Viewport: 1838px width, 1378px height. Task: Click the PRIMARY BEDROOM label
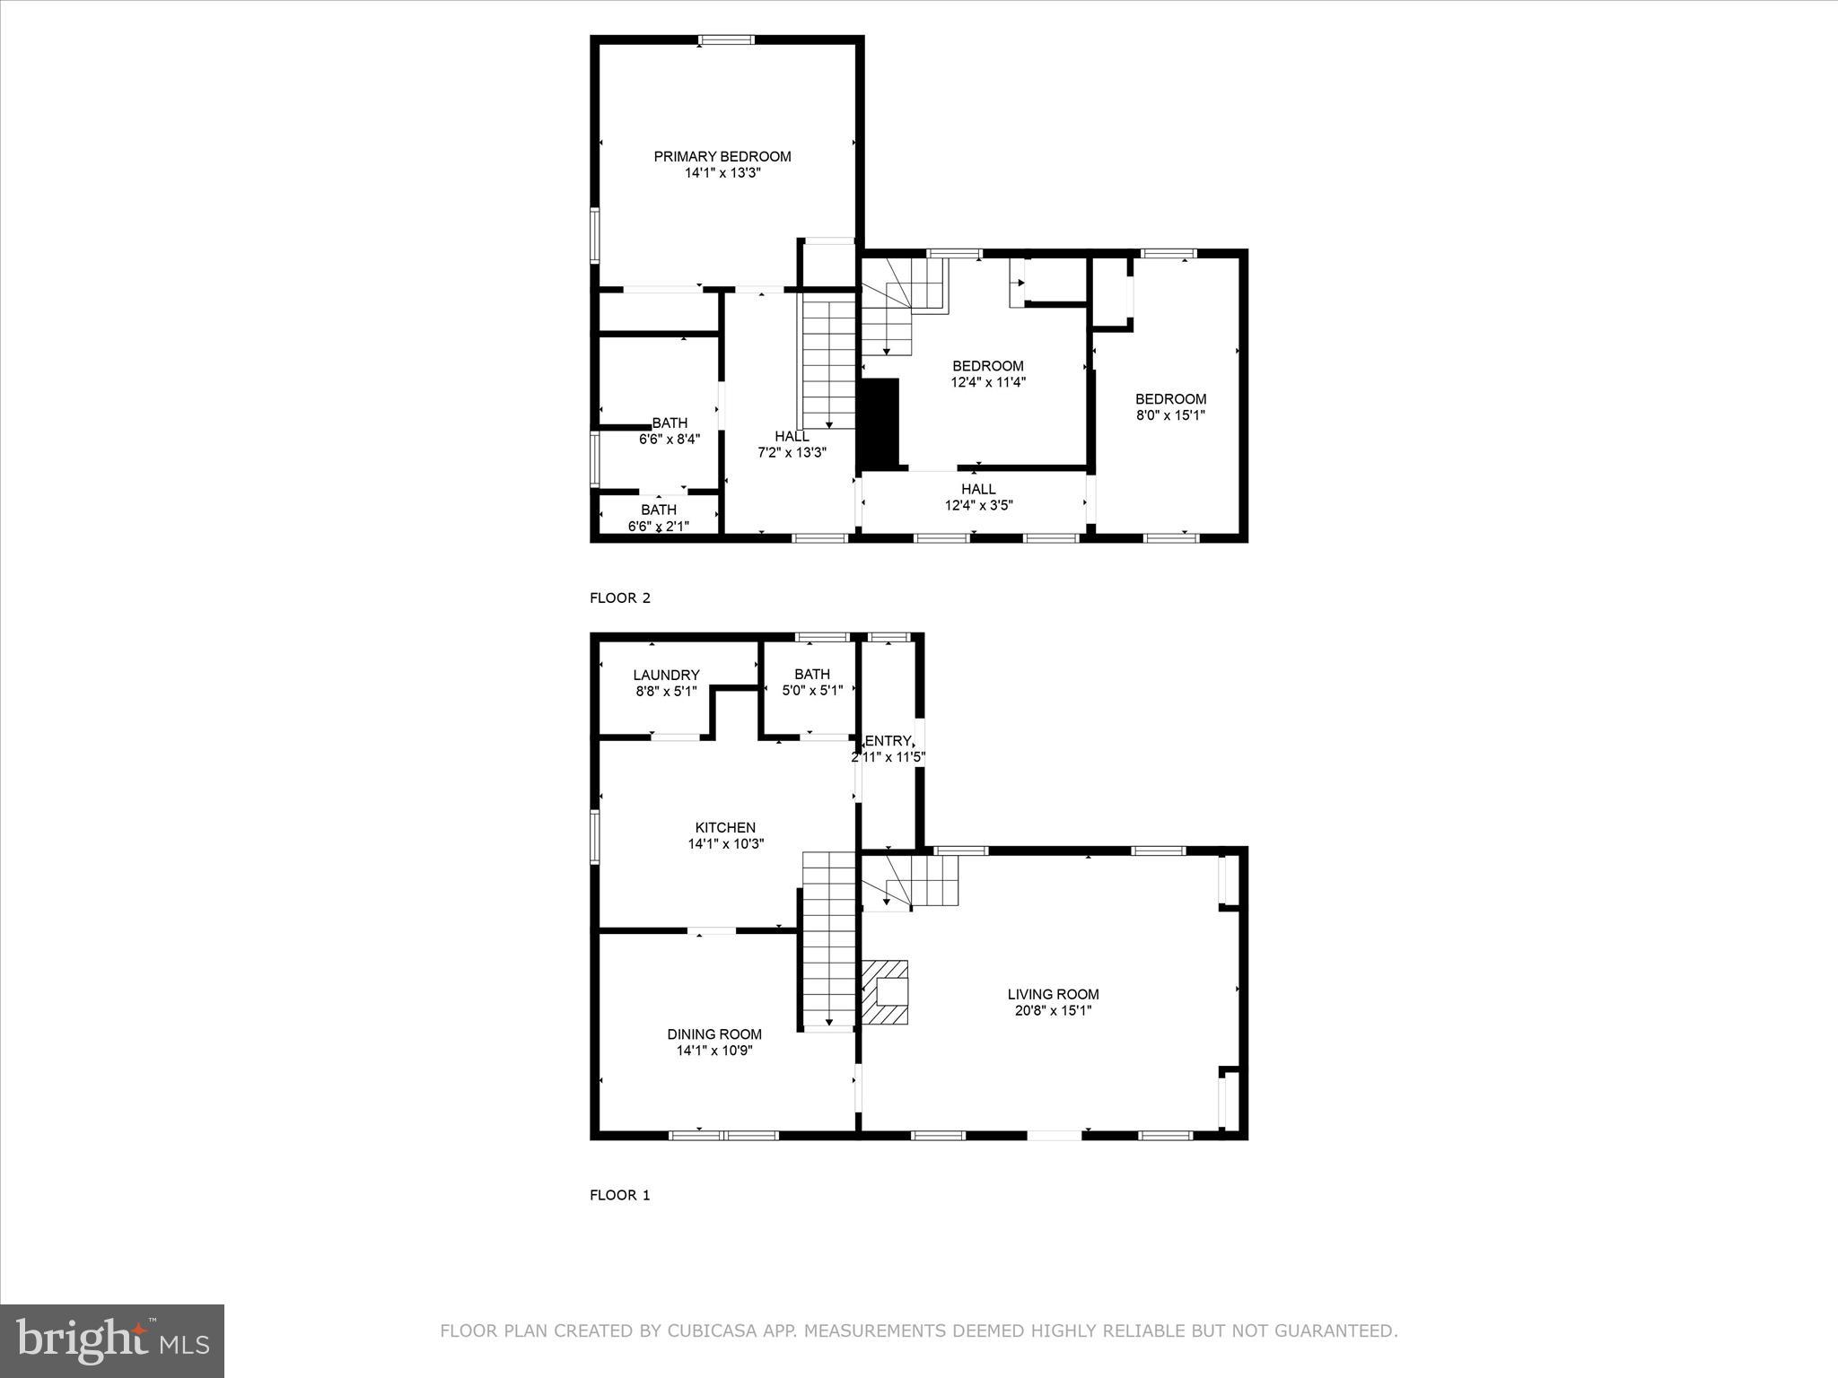point(722,157)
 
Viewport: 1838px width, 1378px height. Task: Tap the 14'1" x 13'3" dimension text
point(722,173)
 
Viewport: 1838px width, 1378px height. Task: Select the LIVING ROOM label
point(1053,994)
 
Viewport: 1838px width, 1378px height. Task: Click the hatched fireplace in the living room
point(886,992)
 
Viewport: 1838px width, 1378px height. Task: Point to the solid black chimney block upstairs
point(880,423)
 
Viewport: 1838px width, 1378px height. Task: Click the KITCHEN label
point(725,827)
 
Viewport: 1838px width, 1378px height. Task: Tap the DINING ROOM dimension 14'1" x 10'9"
point(714,1051)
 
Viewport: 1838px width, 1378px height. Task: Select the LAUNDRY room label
point(666,676)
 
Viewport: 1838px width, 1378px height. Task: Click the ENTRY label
point(888,741)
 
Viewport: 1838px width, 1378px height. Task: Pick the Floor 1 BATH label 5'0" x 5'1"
point(812,683)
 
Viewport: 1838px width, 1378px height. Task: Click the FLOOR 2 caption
point(619,598)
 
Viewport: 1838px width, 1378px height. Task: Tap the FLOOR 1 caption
point(619,1195)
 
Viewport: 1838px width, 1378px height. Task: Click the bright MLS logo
point(112,1340)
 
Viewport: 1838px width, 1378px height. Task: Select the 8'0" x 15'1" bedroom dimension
point(1170,415)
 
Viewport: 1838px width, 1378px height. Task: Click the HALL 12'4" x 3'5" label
point(978,497)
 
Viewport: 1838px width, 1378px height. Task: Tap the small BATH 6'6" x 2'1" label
point(659,519)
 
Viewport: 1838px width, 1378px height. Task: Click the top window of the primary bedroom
point(727,39)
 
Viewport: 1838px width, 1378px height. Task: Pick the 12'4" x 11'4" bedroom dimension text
point(988,382)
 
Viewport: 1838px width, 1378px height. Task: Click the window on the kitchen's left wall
point(594,837)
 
